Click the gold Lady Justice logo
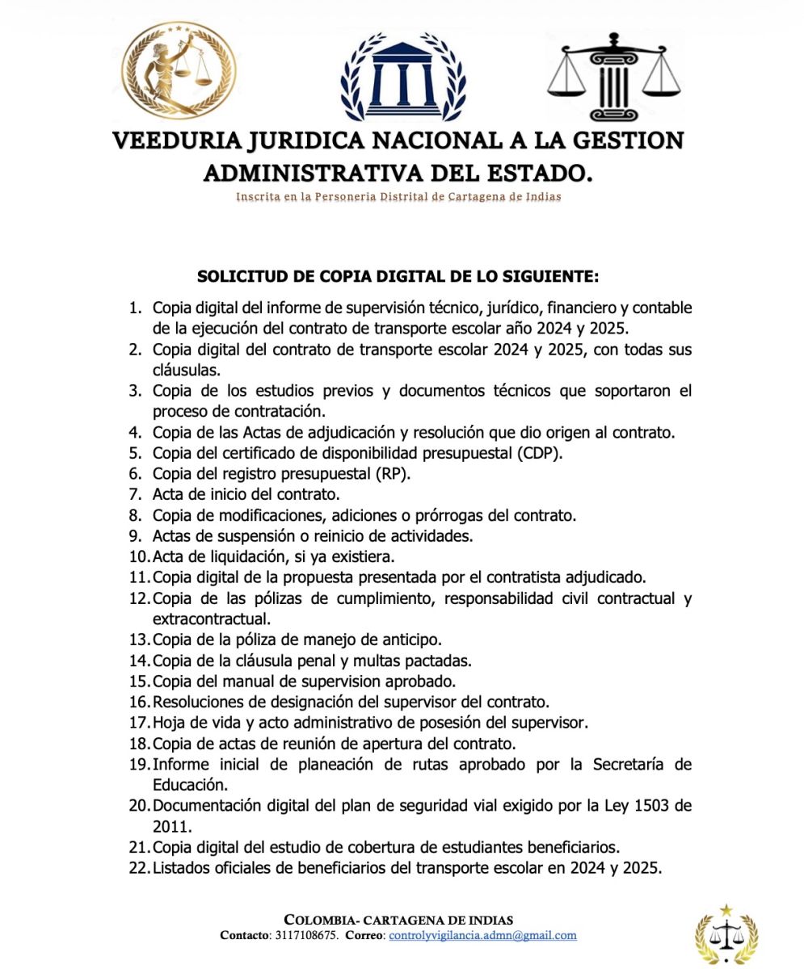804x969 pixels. (x=179, y=71)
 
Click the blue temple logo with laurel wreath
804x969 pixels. (x=402, y=78)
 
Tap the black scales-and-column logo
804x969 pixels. (x=613, y=77)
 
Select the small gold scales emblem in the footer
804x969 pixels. (x=726, y=934)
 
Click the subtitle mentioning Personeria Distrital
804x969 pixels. (x=398, y=196)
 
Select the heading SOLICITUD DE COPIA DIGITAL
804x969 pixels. (x=398, y=277)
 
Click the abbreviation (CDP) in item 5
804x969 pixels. (x=539, y=453)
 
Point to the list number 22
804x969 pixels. (x=138, y=869)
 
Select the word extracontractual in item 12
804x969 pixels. (x=211, y=619)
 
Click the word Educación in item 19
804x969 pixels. (x=190, y=785)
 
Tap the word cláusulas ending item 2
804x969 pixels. (x=186, y=371)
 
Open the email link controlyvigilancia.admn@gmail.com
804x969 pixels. (x=482, y=935)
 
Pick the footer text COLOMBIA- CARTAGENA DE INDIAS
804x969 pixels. (x=398, y=920)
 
